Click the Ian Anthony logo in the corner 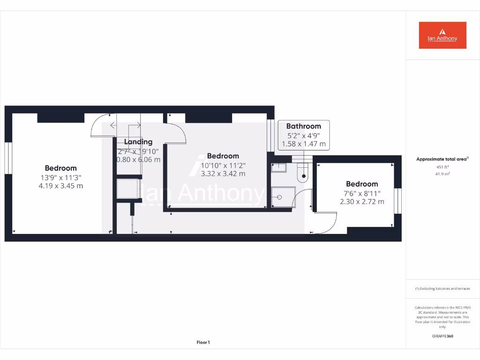tap(442, 35)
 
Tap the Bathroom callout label tap(303, 126)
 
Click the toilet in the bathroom tap(303, 173)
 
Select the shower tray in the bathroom tap(284, 196)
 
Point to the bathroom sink tap(279, 167)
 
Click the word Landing tap(138, 142)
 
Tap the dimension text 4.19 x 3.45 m tap(61, 186)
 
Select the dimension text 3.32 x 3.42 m tap(223, 173)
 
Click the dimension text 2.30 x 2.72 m tap(362, 202)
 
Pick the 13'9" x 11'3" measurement tap(61, 177)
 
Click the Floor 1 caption tap(202, 343)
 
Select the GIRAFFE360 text tap(442, 336)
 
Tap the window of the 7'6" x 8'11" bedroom tap(398, 201)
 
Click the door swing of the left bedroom tap(99, 126)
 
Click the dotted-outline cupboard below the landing tap(128, 188)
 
